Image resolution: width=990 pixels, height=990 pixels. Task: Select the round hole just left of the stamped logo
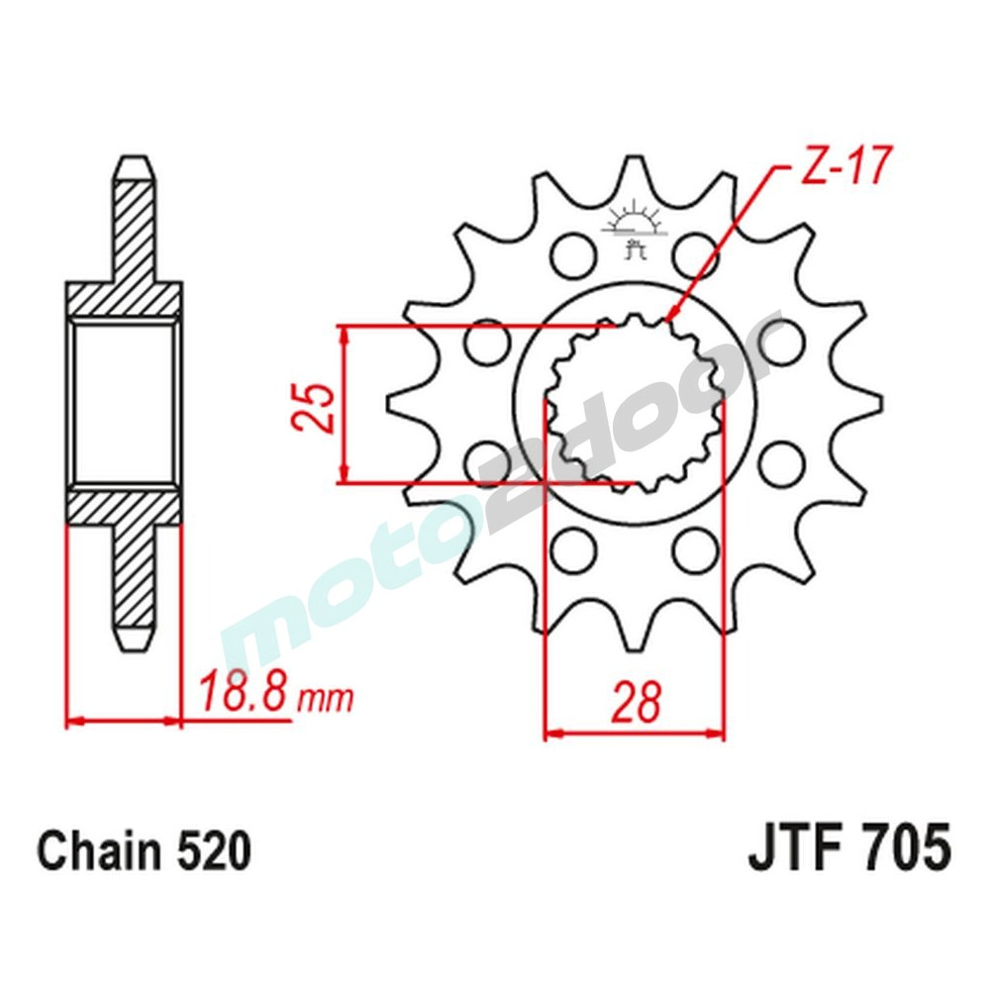click(571, 252)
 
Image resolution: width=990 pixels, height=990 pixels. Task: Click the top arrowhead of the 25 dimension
click(345, 332)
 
